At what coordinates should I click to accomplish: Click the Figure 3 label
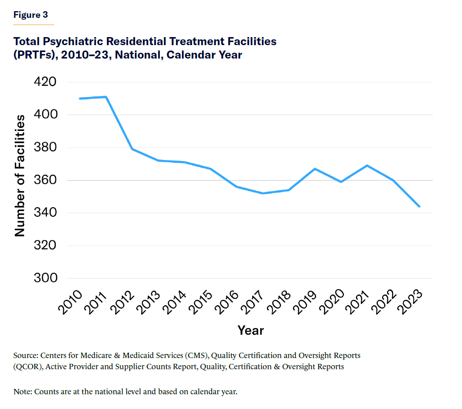click(x=30, y=15)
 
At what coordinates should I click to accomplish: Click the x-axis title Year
click(x=250, y=330)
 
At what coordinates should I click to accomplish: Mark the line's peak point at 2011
click(x=106, y=97)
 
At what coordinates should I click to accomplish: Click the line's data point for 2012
click(x=132, y=149)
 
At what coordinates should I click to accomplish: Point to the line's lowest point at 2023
click(x=420, y=206)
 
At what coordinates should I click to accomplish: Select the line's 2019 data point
click(x=315, y=169)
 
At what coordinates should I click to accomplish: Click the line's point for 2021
click(x=367, y=165)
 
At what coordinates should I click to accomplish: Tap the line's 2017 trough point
click(x=263, y=193)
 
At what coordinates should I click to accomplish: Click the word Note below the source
click(x=22, y=392)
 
